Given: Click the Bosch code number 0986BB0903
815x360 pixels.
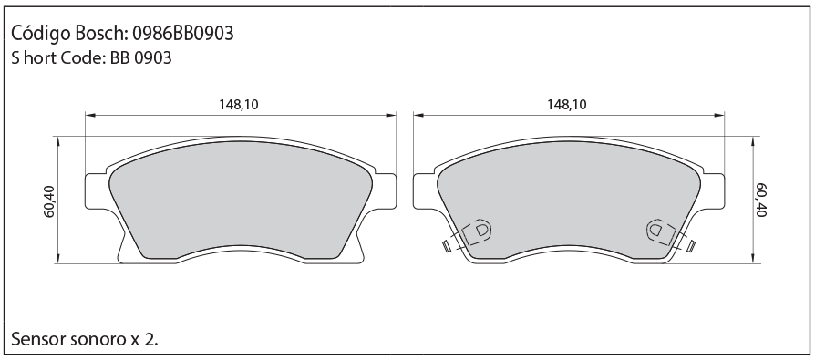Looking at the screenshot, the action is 183,34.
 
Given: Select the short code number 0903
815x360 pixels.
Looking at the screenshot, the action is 153,57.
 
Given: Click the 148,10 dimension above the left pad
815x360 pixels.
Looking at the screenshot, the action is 239,105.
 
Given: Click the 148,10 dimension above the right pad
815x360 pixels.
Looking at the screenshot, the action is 566,105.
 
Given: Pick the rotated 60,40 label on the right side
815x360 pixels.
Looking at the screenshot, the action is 761,200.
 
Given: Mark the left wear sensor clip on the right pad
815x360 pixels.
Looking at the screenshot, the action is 477,231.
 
